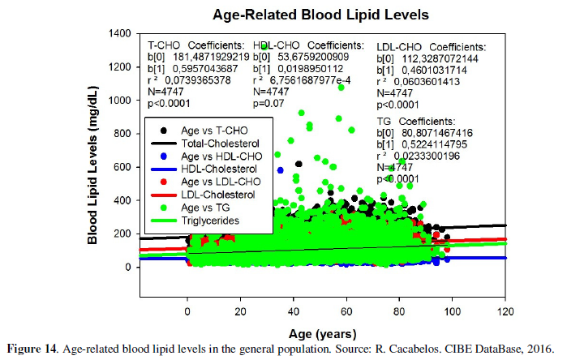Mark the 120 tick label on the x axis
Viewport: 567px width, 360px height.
(505, 311)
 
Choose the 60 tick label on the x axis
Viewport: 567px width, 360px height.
(346, 311)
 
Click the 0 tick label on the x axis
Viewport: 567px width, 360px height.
(187, 311)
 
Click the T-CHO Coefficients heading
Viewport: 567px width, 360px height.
(195, 45)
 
